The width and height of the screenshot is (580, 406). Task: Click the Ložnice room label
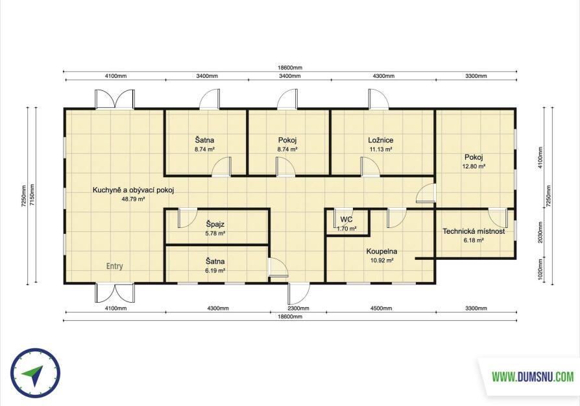(381, 140)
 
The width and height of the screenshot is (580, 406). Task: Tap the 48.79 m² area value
(133, 199)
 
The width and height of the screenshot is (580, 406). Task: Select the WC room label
(346, 220)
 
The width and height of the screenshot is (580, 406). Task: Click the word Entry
(115, 266)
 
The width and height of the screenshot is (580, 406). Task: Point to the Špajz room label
(215, 225)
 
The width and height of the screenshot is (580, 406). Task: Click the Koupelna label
(381, 251)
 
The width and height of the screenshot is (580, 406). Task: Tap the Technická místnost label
(474, 231)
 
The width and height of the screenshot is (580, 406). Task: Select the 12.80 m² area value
(474, 166)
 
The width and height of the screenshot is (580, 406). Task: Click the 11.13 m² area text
(381, 149)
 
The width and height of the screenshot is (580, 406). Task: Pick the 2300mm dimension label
(298, 308)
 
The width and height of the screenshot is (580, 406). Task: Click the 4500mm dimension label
(381, 308)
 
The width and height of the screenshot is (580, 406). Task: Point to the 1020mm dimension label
(540, 270)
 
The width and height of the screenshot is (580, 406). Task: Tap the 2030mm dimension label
(540, 233)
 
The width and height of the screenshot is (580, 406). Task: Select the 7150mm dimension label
(32, 196)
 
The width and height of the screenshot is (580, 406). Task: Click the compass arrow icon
(32, 375)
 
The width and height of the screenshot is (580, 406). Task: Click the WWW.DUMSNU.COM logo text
(533, 377)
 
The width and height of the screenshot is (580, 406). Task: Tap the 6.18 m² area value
(474, 240)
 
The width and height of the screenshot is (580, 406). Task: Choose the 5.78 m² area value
(215, 233)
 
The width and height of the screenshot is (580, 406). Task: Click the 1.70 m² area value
(346, 229)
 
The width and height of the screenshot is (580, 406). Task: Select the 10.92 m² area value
(381, 260)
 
